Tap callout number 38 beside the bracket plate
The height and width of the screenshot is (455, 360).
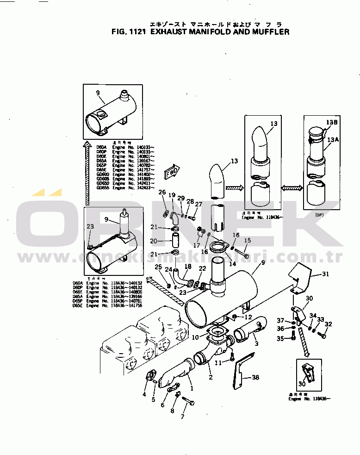click(255, 378)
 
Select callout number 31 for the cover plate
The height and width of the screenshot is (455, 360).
click(326, 274)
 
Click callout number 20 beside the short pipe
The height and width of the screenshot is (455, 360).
click(154, 241)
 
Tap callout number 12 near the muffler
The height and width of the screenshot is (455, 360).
click(248, 317)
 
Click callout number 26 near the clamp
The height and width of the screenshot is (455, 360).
click(162, 192)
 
